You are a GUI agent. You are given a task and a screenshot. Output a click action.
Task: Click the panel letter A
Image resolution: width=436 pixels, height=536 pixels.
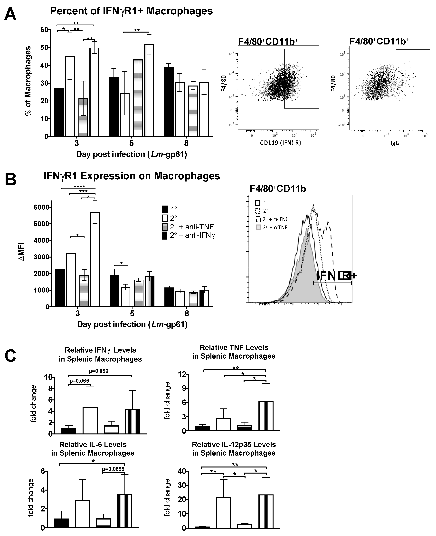pyautogui.click(x=10, y=15)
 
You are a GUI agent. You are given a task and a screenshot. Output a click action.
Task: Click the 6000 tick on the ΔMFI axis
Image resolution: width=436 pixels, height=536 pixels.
pyautogui.click(x=41, y=207)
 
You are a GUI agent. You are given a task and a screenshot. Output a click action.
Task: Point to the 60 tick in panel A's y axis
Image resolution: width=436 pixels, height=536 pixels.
pyautogui.click(x=44, y=30)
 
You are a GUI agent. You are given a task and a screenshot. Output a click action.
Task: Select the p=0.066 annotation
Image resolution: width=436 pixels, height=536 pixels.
pyautogui.click(x=79, y=381)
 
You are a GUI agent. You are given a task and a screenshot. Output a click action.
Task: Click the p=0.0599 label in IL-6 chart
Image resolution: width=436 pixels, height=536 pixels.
pyautogui.click(x=113, y=469)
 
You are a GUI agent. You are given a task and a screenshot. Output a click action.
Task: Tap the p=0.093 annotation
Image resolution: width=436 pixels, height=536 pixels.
pyautogui.click(x=99, y=371)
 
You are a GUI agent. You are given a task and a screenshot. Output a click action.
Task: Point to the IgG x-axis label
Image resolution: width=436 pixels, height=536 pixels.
pyautogui.click(x=395, y=143)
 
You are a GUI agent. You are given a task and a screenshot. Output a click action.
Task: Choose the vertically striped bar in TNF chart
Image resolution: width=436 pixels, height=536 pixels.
pyautogui.click(x=266, y=416)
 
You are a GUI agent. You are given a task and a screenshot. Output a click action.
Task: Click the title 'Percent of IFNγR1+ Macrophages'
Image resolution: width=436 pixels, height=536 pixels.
pyautogui.click(x=131, y=11)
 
